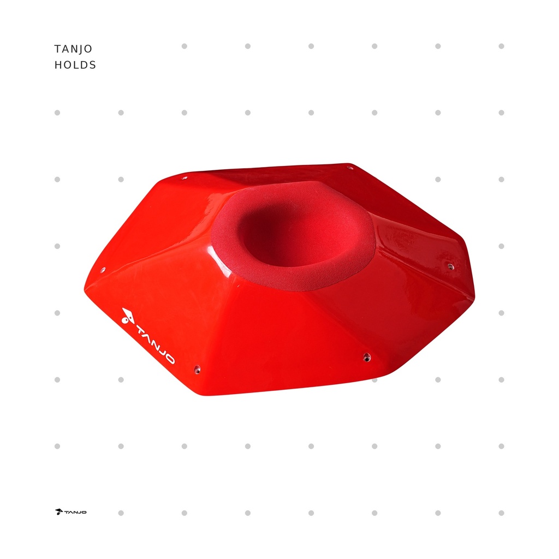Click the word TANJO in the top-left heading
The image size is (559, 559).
click(73, 49)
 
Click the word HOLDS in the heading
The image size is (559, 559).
click(75, 65)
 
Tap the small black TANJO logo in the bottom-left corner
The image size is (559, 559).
click(70, 512)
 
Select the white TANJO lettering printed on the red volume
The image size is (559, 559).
click(156, 344)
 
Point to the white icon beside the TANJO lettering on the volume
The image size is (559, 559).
click(127, 316)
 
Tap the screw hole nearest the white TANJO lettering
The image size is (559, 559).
click(197, 370)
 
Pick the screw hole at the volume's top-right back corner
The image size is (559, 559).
click(350, 167)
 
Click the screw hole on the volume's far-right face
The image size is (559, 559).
click(450, 266)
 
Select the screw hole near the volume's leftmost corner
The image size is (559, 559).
click(103, 270)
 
